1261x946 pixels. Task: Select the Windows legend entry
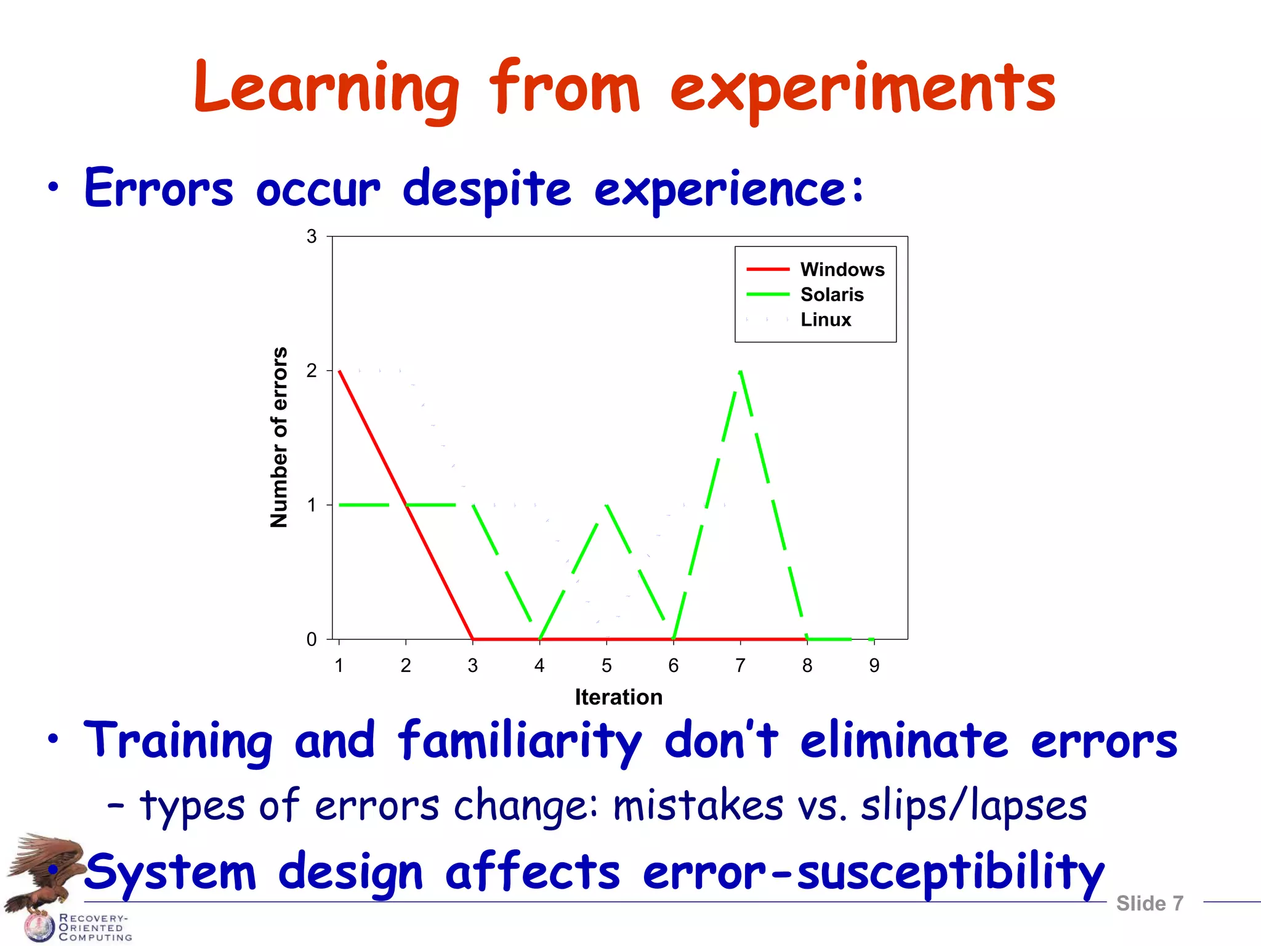click(841, 270)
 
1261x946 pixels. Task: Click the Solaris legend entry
click(831, 295)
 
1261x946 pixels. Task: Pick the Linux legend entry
click(825, 320)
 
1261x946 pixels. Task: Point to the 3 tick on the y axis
click(312, 236)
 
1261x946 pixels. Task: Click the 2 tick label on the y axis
click(312, 371)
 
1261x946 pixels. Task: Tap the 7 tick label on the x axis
click(740, 666)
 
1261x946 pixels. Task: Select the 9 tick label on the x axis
click(874, 666)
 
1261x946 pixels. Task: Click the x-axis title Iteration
click(618, 697)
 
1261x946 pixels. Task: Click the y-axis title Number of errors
click(280, 437)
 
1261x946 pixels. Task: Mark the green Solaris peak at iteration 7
click(740, 371)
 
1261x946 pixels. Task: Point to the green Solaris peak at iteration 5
click(606, 505)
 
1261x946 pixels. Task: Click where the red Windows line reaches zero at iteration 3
click(473, 639)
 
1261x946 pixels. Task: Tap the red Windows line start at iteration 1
click(340, 371)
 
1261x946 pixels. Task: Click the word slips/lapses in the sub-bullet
click(973, 806)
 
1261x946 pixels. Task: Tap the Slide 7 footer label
click(1149, 904)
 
